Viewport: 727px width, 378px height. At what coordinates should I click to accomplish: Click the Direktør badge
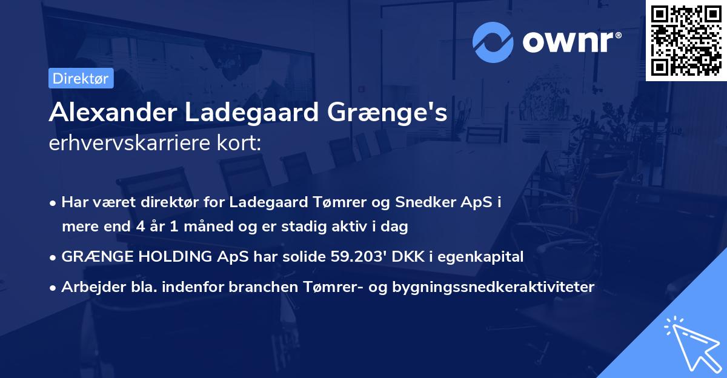81,79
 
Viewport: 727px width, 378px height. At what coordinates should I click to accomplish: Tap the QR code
686,40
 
